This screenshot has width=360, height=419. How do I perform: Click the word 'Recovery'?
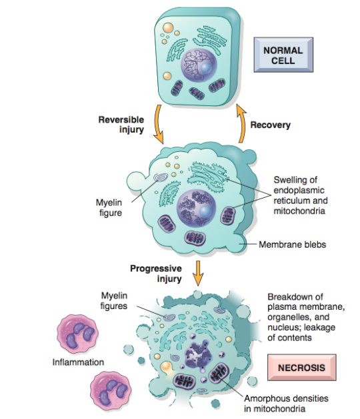pos(270,125)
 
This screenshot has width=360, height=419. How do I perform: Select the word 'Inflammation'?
pos(79,362)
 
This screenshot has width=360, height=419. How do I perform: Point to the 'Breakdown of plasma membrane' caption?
pos(305,315)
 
